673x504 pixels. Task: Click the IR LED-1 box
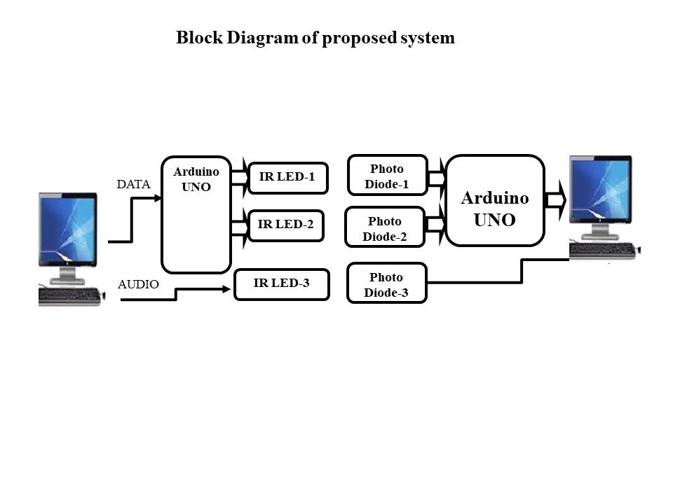pos(287,178)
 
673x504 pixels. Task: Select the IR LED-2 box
pos(286,225)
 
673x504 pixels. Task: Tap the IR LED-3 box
pos(281,284)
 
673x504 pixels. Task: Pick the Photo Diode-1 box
pos(387,175)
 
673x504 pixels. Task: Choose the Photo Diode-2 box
pos(385,227)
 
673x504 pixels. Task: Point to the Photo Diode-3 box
pos(386,283)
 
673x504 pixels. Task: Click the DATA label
pos(133,185)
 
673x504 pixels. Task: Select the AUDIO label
pos(138,285)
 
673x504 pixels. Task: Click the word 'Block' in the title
pos(198,38)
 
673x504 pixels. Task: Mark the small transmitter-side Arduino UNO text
pos(196,179)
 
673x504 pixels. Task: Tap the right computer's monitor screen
pos(599,193)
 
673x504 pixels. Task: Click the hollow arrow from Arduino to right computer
pos(556,200)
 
